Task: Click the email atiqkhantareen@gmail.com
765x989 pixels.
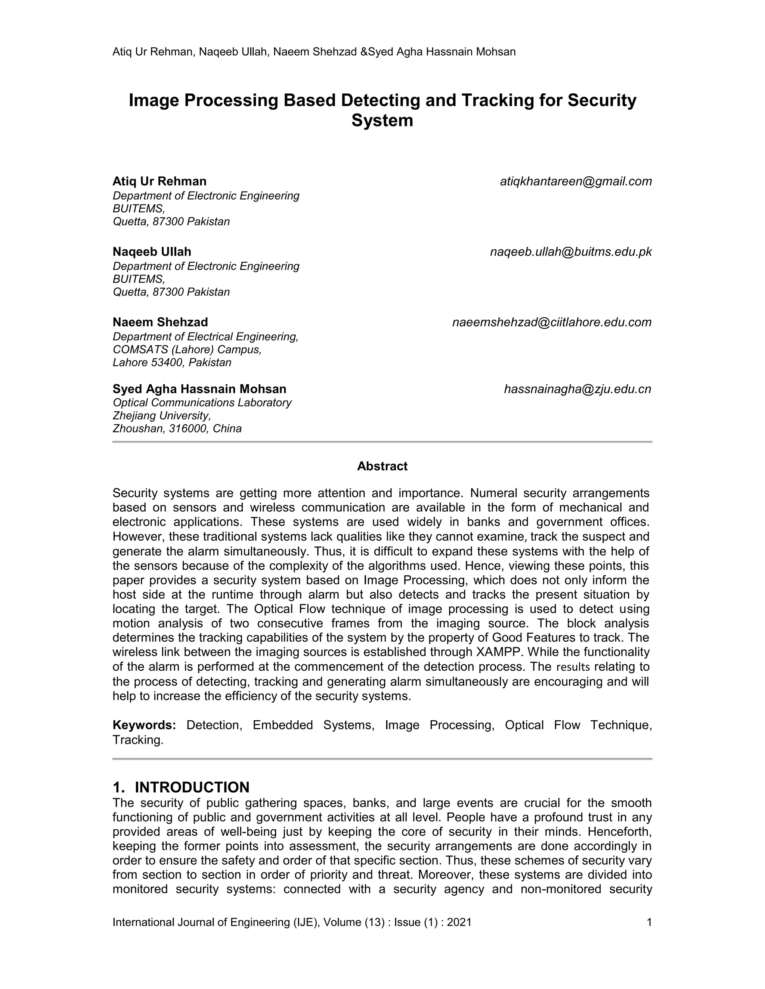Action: coord(576,182)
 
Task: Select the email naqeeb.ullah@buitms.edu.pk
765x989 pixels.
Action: coord(571,252)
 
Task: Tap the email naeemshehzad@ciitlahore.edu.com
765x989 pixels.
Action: coord(552,322)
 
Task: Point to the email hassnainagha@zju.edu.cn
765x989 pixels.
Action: coord(577,389)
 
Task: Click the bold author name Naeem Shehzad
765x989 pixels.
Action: coord(160,322)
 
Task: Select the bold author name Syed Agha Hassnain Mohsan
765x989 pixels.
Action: coord(199,389)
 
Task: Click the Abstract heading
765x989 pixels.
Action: coord(382,466)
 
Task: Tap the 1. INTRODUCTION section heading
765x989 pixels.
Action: coord(181,787)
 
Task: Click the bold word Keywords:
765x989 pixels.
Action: coord(144,725)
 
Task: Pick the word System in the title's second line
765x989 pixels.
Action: coord(382,121)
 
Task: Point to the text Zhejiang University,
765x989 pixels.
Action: coord(162,415)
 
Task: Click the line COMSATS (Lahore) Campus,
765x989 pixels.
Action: coord(187,350)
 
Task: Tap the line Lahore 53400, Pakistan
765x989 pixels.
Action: coord(172,362)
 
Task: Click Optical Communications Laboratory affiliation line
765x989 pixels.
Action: coord(202,403)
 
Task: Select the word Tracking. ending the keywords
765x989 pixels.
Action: coord(138,740)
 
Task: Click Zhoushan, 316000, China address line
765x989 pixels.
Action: coord(177,428)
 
